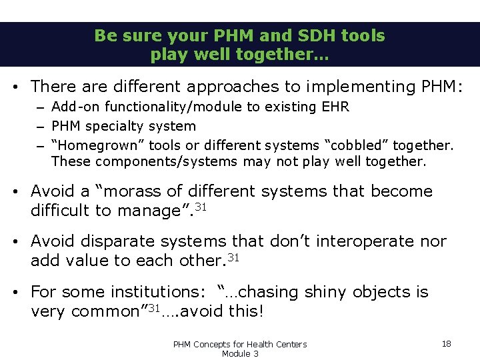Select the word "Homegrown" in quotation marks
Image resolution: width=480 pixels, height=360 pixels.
(87, 145)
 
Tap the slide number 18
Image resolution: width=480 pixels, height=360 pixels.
(446, 343)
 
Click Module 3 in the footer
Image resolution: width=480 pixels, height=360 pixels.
(239, 353)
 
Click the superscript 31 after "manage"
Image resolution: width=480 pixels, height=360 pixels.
(199, 207)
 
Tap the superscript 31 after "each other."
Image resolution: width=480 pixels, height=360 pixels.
(233, 257)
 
